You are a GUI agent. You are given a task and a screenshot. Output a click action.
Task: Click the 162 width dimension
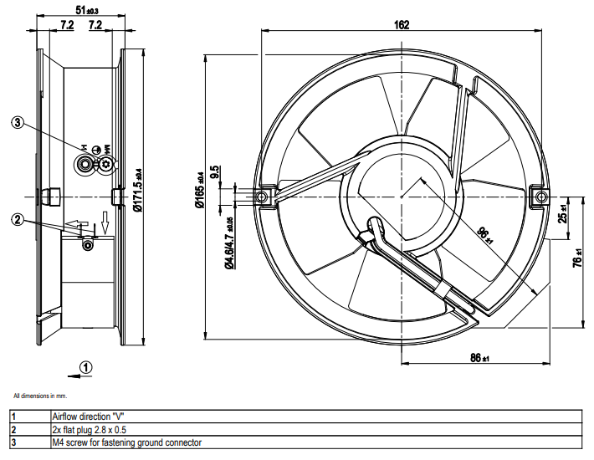coord(402,24)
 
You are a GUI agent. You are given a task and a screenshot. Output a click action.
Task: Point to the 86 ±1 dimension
coord(479,358)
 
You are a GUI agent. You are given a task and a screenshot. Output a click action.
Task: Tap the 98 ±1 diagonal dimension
coord(484,237)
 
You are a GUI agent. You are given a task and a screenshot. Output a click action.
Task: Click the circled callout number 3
coord(18,122)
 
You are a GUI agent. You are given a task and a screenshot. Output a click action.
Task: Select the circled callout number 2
coord(18,220)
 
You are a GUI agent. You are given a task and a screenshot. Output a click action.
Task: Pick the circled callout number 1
coord(88,366)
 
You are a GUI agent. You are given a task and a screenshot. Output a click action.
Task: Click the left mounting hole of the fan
coord(262,197)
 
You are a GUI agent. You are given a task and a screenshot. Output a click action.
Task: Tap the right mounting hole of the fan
coord(540,197)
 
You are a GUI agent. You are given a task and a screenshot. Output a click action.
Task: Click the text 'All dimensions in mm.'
coord(39,395)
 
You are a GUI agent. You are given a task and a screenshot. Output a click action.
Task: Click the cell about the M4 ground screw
coord(126,442)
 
